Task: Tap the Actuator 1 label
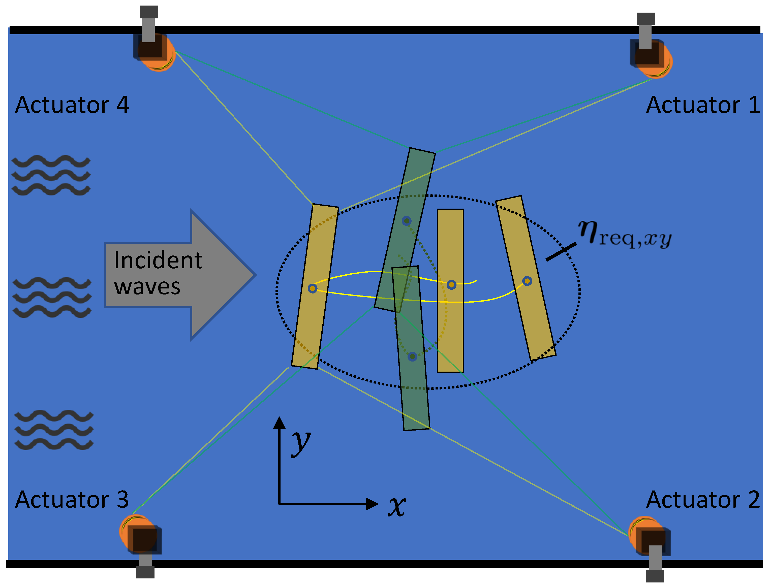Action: pyautogui.click(x=702, y=105)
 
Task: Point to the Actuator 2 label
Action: pyautogui.click(x=702, y=500)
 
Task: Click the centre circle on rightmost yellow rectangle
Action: pyautogui.click(x=527, y=281)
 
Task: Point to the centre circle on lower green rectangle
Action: pyautogui.click(x=412, y=356)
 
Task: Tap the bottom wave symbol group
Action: pyautogui.click(x=54, y=430)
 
